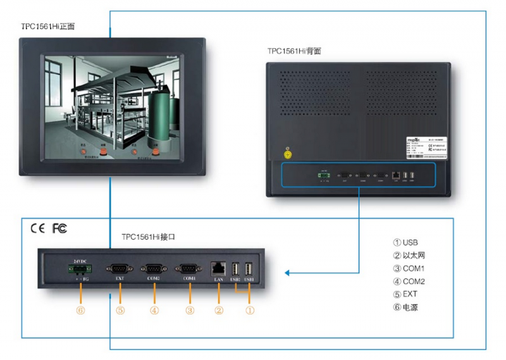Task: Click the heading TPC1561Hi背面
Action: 294,51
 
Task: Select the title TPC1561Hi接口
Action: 148,237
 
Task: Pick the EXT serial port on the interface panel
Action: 120,268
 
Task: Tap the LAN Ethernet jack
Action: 219,268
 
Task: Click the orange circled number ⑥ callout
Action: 80,310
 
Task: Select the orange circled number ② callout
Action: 219,310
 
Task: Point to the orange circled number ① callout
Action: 250,310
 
